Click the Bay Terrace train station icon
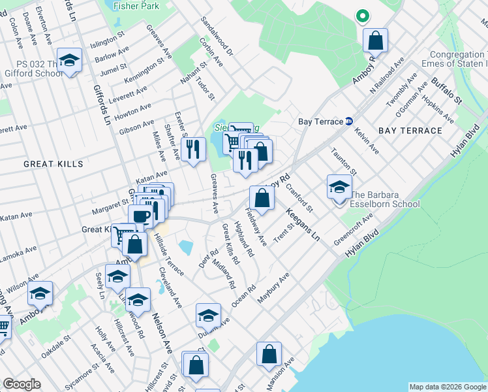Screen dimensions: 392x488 coord(349,121)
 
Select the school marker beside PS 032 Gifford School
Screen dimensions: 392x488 coord(69,61)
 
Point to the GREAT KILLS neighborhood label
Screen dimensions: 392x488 coord(53,163)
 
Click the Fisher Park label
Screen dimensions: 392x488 coord(136,5)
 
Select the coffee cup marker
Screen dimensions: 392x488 coord(140,216)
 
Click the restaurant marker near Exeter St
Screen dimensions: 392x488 coord(192,150)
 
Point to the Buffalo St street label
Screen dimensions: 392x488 coord(446,91)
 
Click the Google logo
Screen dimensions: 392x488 coord(22,384)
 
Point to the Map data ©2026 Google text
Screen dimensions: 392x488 coord(447,387)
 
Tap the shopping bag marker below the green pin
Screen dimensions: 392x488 coord(376,41)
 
